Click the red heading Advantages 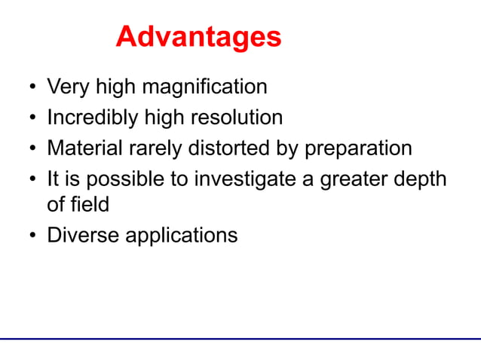[198, 37]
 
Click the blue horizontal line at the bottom [240, 339]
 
